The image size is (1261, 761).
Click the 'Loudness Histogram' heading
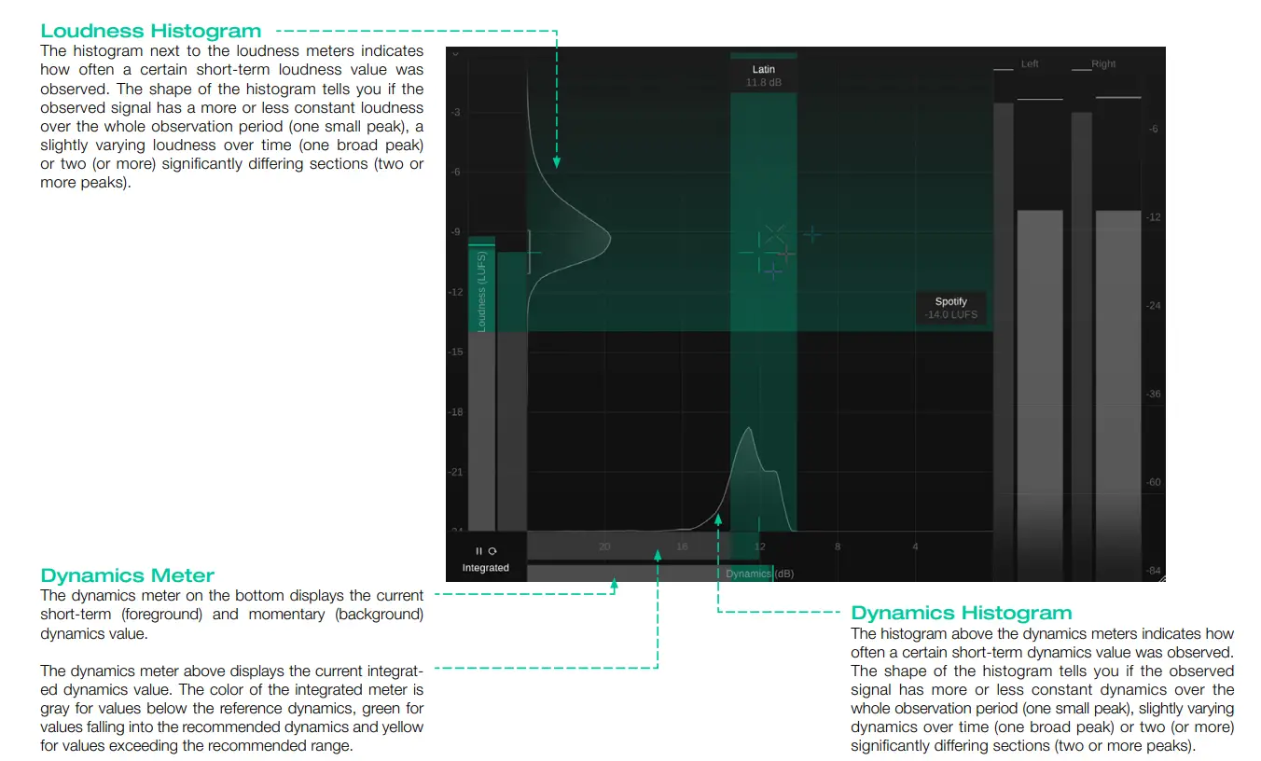pyautogui.click(x=150, y=32)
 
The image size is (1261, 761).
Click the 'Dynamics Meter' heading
pyautogui.click(x=127, y=575)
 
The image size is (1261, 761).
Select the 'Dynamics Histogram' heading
pyautogui.click(x=961, y=613)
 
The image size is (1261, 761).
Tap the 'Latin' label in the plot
pyautogui.click(x=763, y=70)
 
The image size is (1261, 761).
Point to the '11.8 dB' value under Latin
pyautogui.click(x=763, y=83)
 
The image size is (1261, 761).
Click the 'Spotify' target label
pyautogui.click(x=950, y=301)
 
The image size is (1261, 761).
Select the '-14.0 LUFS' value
pyautogui.click(x=950, y=315)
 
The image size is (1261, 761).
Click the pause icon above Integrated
pyautogui.click(x=479, y=551)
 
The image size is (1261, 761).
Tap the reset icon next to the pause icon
pyautogui.click(x=492, y=551)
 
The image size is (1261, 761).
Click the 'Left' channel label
pyautogui.click(x=1030, y=64)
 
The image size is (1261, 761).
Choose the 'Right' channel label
pyautogui.click(x=1103, y=64)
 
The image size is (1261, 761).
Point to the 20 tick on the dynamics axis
pyautogui.click(x=604, y=547)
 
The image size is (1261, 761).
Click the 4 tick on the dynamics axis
pyautogui.click(x=915, y=547)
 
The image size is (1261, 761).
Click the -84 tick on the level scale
pyautogui.click(x=1154, y=571)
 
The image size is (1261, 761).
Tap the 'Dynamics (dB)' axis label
pyautogui.click(x=759, y=574)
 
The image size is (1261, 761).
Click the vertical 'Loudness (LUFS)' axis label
pyautogui.click(x=481, y=290)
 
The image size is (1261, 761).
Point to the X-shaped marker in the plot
pyautogui.click(x=775, y=233)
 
